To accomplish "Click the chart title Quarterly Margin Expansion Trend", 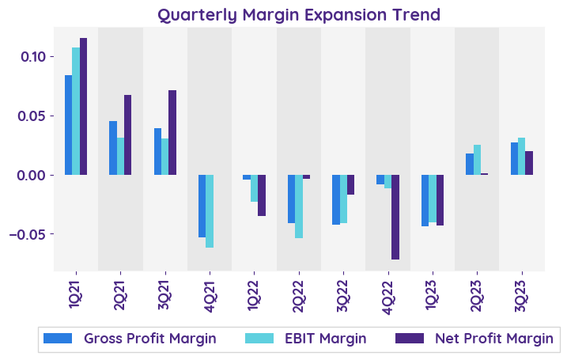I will pos(298,14).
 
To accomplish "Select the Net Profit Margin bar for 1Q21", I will pos(83,106).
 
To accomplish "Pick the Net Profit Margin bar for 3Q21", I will pos(172,132).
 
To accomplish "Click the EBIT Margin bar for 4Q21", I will pos(210,211).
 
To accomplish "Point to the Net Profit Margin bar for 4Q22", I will pos(395,217).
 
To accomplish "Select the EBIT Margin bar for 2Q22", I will pos(299,207).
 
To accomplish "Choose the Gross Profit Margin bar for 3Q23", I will pos(514,158).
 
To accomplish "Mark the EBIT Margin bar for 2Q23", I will pos(477,160).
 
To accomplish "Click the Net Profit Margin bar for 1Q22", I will pos(262,195).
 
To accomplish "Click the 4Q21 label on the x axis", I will pos(210,290).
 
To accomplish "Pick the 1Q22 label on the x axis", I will pos(254,290).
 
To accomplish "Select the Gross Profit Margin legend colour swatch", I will pos(58,339).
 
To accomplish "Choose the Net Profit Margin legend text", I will pos(493,339).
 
